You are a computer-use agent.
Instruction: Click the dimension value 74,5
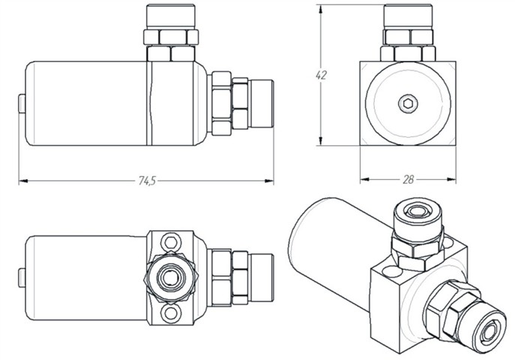click(x=147, y=181)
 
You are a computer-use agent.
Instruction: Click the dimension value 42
click(x=322, y=75)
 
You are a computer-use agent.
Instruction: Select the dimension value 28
click(x=408, y=179)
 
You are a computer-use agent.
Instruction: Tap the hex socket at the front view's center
click(x=407, y=103)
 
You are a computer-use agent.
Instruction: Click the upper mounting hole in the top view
click(x=171, y=242)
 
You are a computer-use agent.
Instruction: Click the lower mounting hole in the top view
click(x=171, y=313)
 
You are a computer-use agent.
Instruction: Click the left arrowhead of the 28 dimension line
click(x=364, y=179)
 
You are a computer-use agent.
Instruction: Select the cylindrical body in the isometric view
click(x=330, y=240)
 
